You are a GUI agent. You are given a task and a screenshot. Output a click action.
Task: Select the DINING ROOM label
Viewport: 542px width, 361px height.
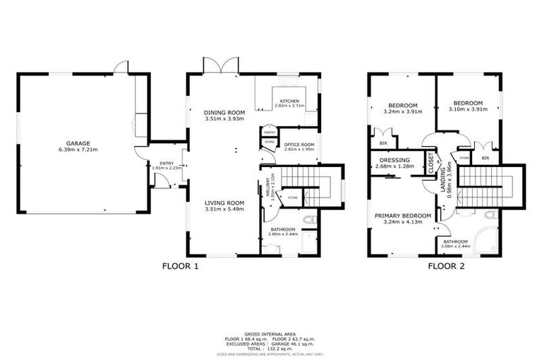point(224,113)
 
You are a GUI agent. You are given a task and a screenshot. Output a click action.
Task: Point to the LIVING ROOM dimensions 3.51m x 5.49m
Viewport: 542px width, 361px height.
point(224,210)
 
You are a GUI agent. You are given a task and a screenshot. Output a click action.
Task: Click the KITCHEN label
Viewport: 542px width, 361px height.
point(289,102)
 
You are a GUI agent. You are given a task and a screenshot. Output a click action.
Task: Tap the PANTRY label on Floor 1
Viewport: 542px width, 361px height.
point(268,132)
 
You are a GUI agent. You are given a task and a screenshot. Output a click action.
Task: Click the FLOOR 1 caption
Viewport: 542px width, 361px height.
point(181,267)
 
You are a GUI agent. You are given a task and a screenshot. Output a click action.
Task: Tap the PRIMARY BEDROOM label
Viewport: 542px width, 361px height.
point(402,216)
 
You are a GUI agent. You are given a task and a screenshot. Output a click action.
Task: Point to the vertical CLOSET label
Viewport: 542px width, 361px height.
point(431,164)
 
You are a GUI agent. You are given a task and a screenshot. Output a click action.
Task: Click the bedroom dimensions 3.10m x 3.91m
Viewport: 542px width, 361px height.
point(468,109)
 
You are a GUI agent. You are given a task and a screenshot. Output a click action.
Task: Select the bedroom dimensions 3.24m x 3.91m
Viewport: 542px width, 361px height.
point(402,111)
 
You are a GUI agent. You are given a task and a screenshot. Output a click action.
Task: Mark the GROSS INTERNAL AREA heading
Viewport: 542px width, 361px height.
point(270,333)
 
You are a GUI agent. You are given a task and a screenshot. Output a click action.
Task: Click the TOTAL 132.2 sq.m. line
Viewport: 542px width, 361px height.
point(270,348)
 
